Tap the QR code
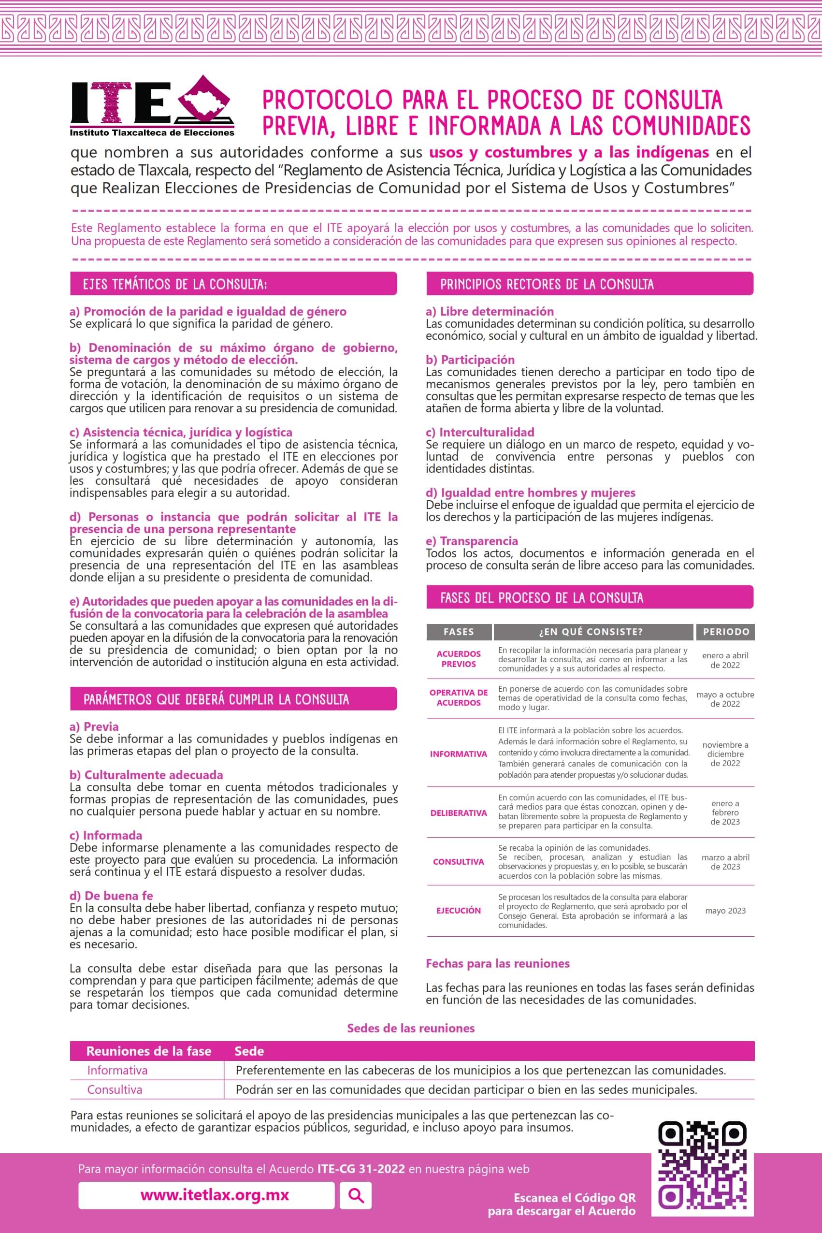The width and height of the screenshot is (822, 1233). click(x=703, y=1165)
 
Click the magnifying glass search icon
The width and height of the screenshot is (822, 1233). click(x=356, y=1195)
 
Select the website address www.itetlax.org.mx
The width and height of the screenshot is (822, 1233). click(x=215, y=1195)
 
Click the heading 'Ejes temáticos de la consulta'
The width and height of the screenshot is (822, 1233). click(x=174, y=284)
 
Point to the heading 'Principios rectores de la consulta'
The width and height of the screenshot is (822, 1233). click(x=546, y=284)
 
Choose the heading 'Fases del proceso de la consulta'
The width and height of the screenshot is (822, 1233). click(x=541, y=597)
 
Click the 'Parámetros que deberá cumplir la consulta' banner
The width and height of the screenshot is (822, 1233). click(x=216, y=699)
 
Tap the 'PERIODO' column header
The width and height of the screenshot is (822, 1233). click(x=725, y=632)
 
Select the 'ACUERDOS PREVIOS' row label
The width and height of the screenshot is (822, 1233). click(x=458, y=659)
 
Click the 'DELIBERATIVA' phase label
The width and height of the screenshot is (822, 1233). click(x=458, y=813)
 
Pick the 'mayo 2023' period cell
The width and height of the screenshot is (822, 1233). click(x=725, y=911)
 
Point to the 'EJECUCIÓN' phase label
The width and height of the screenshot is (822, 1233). click(x=458, y=911)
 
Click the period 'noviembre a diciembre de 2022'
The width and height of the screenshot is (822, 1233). click(x=725, y=754)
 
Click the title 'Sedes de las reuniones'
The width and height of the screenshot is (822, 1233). click(x=410, y=1028)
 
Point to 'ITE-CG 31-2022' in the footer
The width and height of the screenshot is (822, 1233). click(x=361, y=1169)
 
